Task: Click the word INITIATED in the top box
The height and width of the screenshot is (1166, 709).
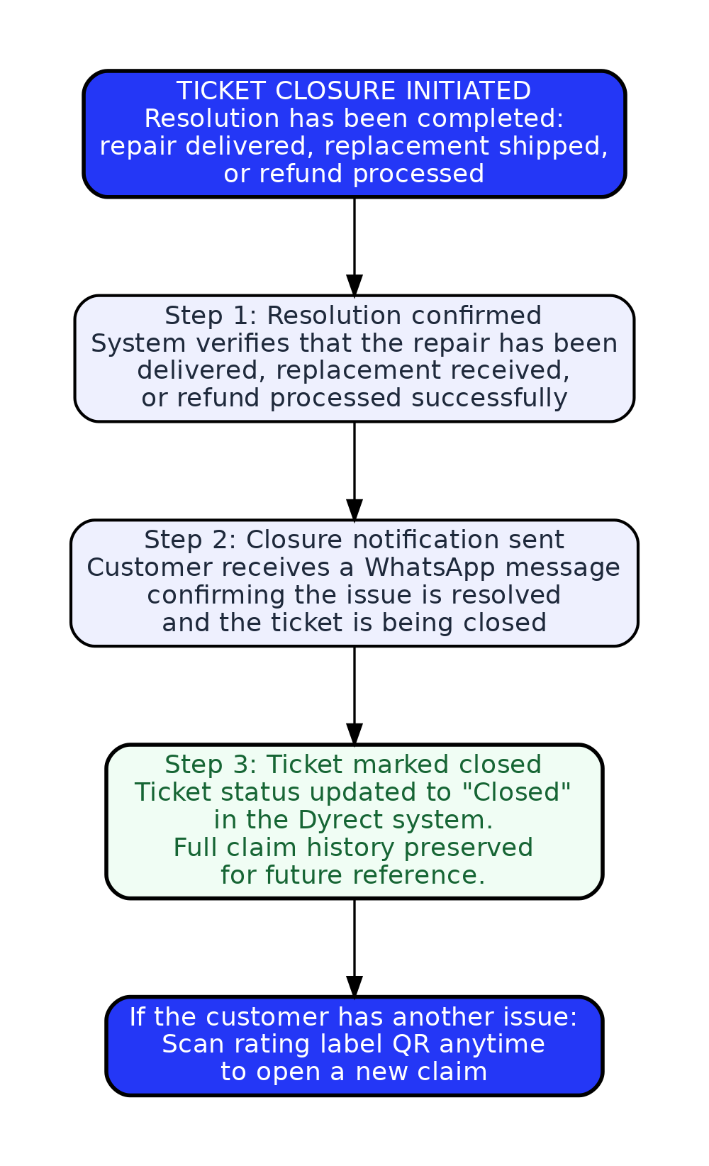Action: click(x=468, y=91)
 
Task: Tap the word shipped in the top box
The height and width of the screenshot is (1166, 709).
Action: click(x=554, y=146)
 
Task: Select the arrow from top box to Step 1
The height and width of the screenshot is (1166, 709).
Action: click(x=354, y=247)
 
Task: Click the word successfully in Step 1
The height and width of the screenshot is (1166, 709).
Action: click(x=489, y=399)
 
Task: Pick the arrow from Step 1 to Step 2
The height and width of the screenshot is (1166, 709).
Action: click(x=354, y=471)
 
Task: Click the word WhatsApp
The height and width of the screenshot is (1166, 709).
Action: click(x=430, y=568)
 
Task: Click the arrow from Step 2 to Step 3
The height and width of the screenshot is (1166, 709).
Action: click(x=354, y=696)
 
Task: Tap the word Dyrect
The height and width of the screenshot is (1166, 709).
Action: click(x=340, y=821)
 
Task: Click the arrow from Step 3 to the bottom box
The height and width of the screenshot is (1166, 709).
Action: click(x=354, y=948)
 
